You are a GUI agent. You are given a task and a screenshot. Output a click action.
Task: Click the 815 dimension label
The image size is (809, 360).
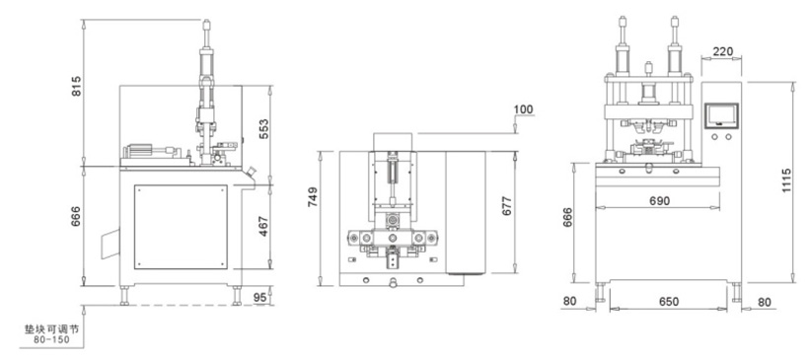(76, 86)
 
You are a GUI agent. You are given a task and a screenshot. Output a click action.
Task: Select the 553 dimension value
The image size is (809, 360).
(263, 130)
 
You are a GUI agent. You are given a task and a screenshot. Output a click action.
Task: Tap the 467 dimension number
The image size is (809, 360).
(263, 227)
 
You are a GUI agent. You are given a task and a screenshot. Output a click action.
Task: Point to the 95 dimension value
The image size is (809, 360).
(260, 298)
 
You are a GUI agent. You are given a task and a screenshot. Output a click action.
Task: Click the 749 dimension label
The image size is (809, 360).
(313, 197)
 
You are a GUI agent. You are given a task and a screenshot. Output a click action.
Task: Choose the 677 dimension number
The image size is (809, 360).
(506, 206)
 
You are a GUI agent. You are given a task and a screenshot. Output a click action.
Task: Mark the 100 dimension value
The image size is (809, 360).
(523, 109)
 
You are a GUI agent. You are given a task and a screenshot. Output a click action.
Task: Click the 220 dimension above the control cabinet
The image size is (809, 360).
(722, 51)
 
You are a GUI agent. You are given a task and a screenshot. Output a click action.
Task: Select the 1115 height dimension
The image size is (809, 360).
(785, 180)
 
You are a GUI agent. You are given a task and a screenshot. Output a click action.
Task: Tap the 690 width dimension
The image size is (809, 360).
(659, 200)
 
